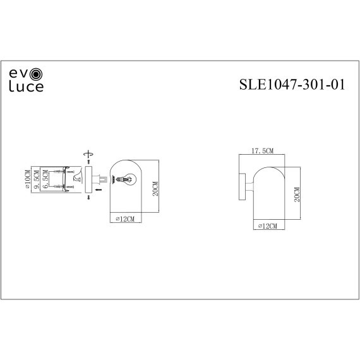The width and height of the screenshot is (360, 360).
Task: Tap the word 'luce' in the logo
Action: click(x=26, y=87)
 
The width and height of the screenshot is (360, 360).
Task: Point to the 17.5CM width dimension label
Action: click(x=262, y=152)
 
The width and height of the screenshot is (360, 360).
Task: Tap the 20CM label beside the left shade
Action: click(x=155, y=188)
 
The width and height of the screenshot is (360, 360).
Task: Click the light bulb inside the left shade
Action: click(x=126, y=179)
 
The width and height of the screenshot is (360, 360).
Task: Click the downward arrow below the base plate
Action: click(x=88, y=198)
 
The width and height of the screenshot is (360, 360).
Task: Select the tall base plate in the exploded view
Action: click(x=88, y=179)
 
